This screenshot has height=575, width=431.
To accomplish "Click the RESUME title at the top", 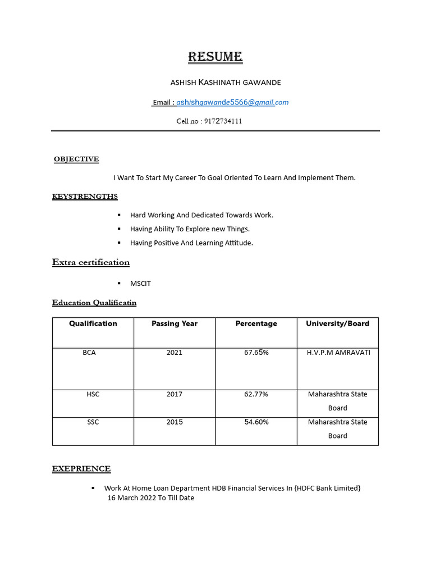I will pyautogui.click(x=215, y=57).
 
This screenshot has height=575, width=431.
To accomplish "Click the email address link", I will pyautogui.click(x=232, y=102).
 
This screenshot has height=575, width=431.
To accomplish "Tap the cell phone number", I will pyautogui.click(x=223, y=121).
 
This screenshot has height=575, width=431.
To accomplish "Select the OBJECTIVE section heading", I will pyautogui.click(x=76, y=159).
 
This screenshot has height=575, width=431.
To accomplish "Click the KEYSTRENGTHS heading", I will pyautogui.click(x=85, y=196).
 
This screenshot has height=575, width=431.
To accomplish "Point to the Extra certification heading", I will pyautogui.click(x=91, y=262).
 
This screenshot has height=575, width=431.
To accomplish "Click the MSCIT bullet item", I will pyautogui.click(x=140, y=284).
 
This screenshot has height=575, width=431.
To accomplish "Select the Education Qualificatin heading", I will pyautogui.click(x=94, y=303).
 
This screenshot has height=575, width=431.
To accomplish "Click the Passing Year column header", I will pyautogui.click(x=175, y=323).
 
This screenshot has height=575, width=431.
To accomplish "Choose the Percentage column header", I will pyautogui.click(x=256, y=323).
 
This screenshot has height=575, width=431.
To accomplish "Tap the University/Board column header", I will pyautogui.click(x=337, y=323).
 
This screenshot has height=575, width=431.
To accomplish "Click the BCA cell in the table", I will pyautogui.click(x=89, y=353).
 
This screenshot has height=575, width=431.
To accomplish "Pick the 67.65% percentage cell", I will pyautogui.click(x=256, y=353).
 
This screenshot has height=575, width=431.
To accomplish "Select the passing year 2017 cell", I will pyautogui.click(x=175, y=394).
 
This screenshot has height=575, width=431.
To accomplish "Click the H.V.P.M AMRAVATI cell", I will pyautogui.click(x=338, y=353).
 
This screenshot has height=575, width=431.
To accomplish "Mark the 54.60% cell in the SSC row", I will pyautogui.click(x=256, y=422).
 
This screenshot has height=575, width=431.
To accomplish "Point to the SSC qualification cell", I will pyautogui.click(x=93, y=422).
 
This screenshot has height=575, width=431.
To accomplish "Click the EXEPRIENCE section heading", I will pyautogui.click(x=81, y=468).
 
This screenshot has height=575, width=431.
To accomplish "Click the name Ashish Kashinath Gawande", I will pyautogui.click(x=226, y=83).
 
